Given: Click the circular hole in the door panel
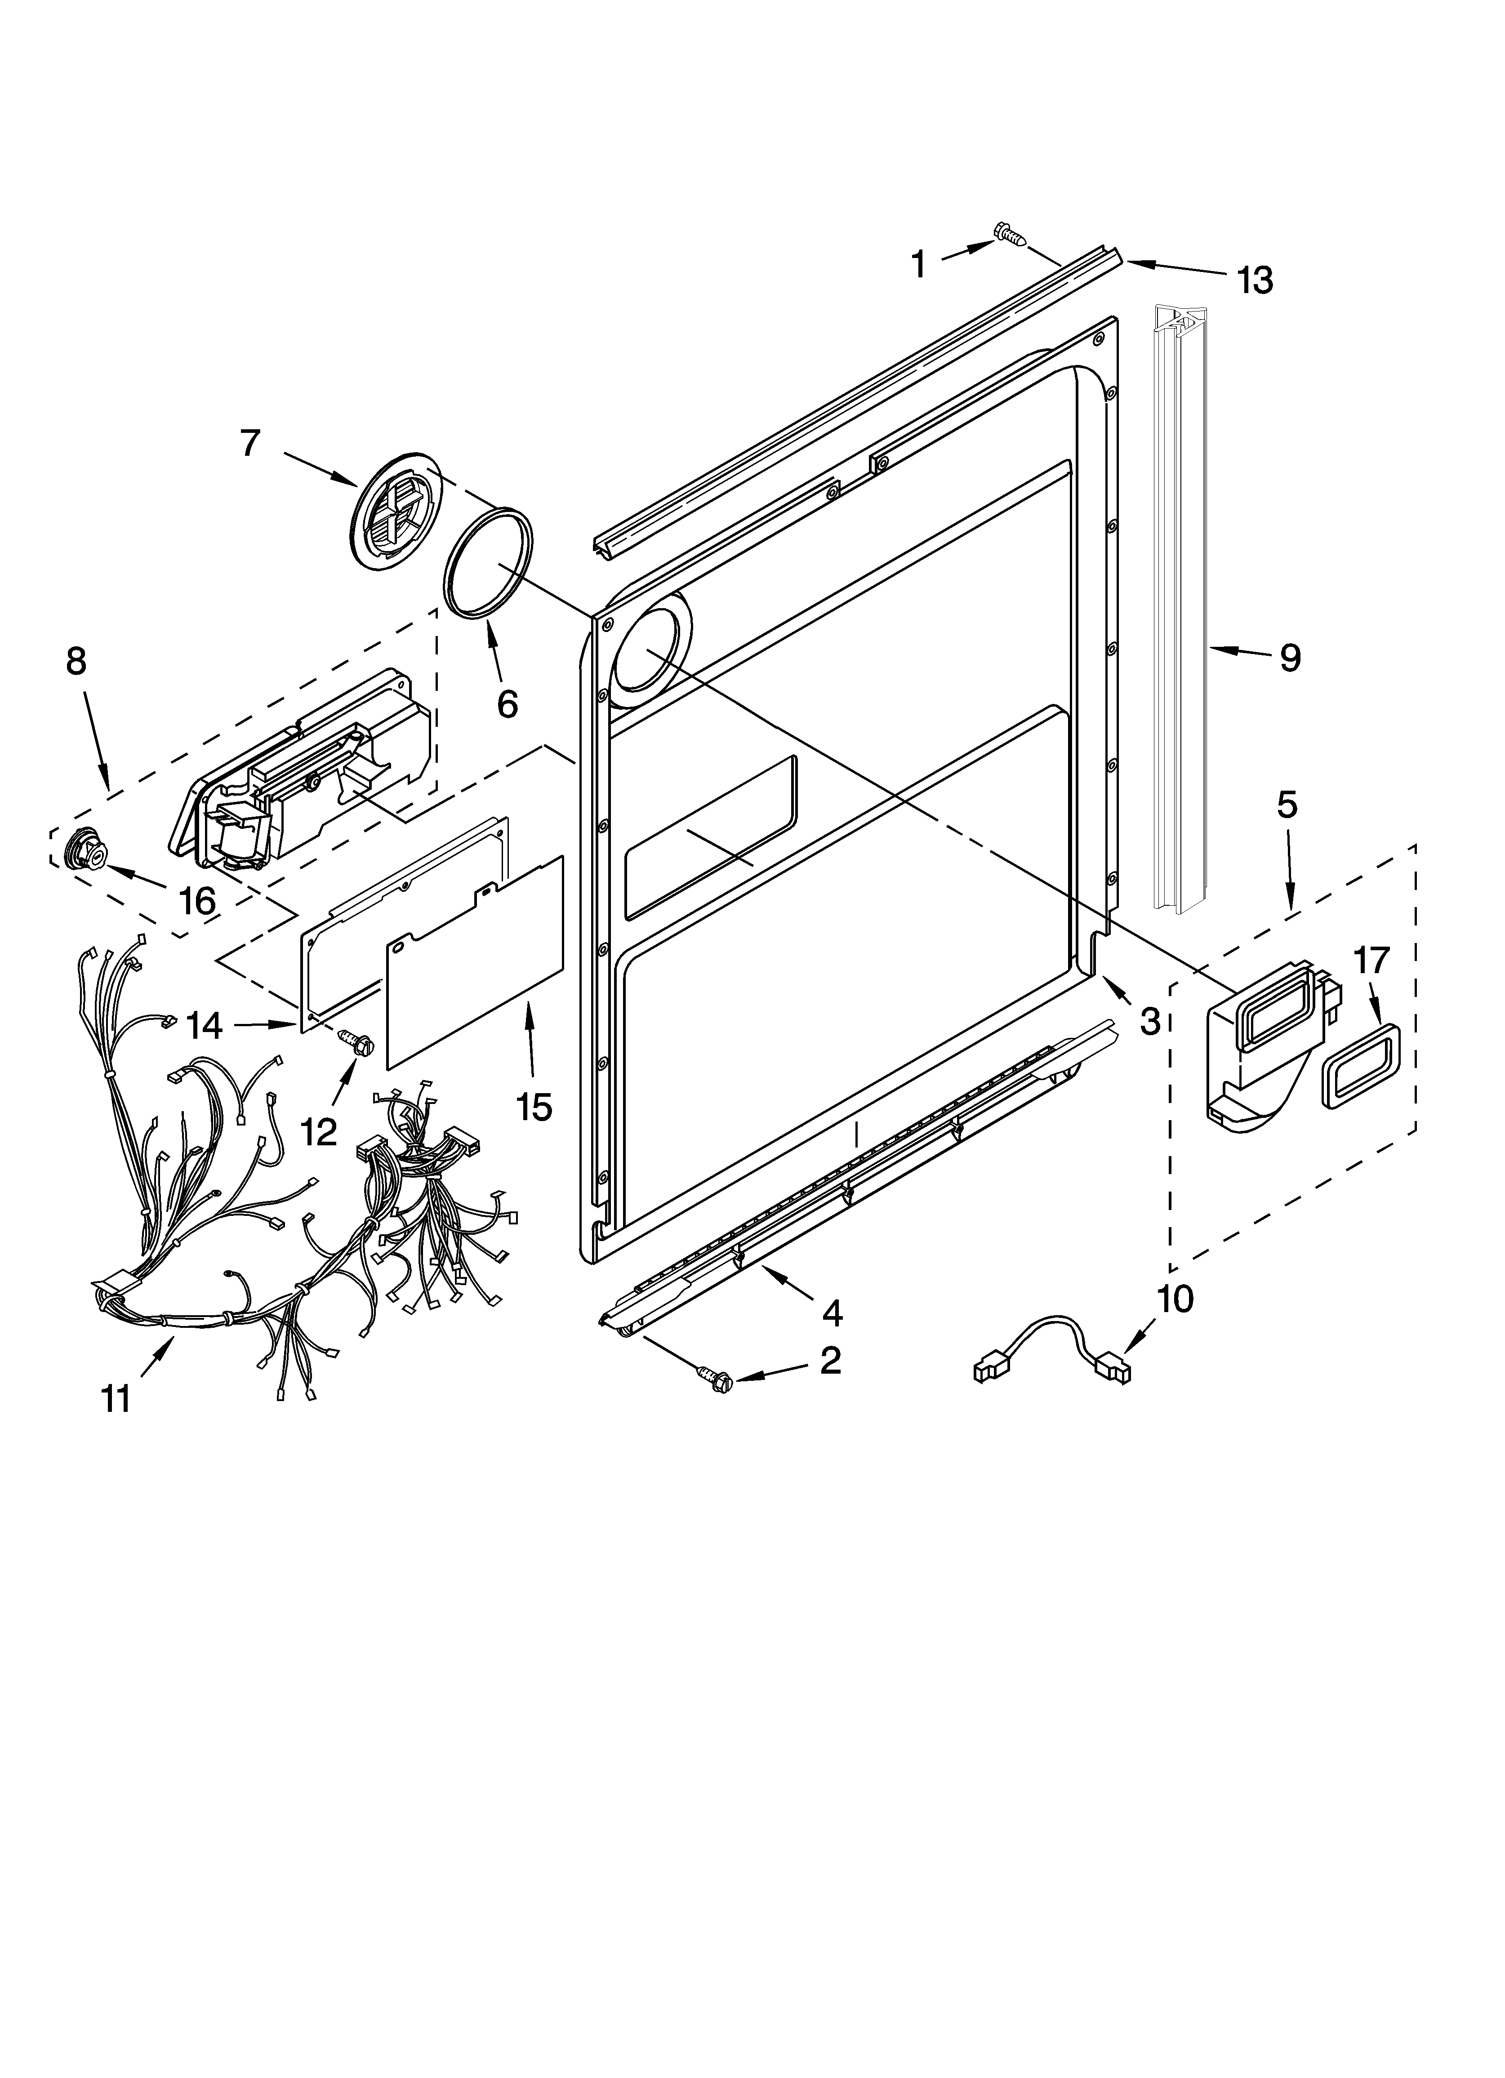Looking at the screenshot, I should (649, 652).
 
